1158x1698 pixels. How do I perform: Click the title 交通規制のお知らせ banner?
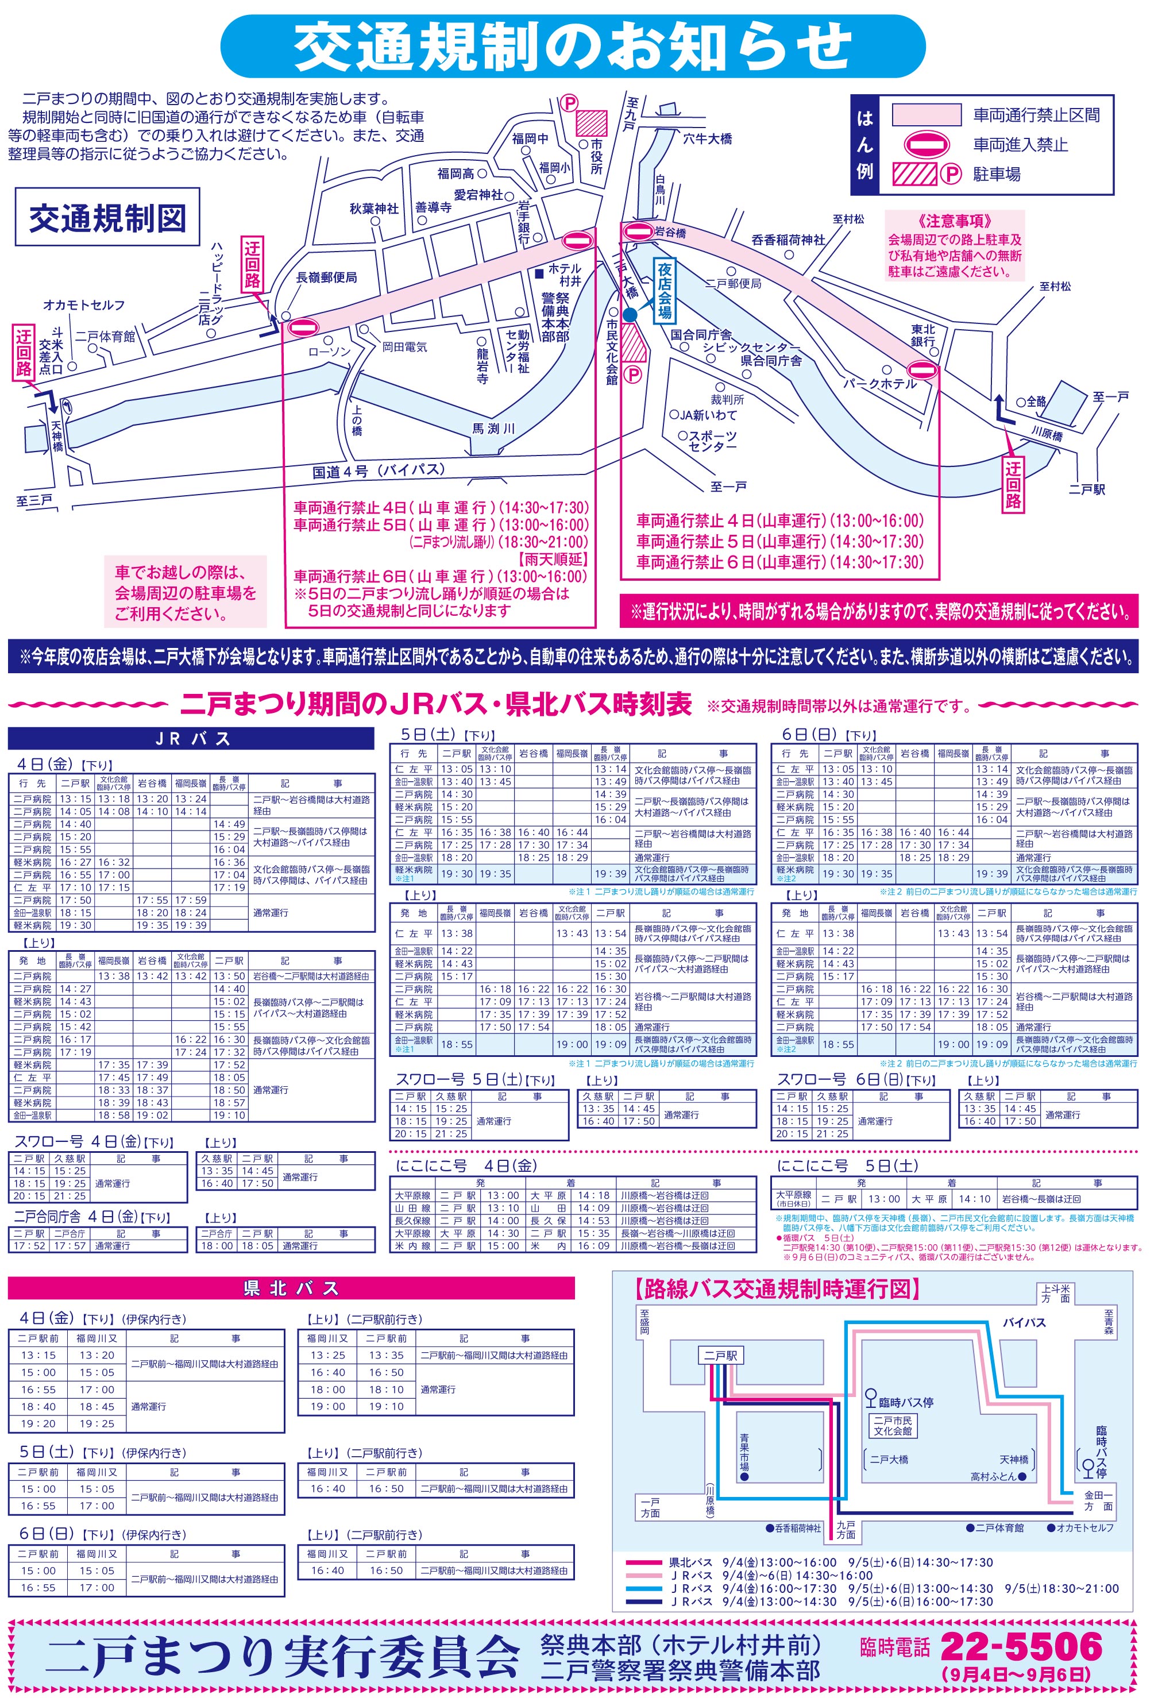pyautogui.click(x=573, y=46)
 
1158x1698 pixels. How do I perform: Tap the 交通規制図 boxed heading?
pyautogui.click(x=107, y=217)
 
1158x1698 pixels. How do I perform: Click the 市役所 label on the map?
pyautogui.click(x=596, y=156)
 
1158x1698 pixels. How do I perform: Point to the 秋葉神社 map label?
pyautogui.click(x=374, y=209)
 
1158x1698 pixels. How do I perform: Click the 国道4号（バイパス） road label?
pyautogui.click(x=379, y=471)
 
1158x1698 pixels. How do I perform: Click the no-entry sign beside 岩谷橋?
pyautogui.click(x=637, y=231)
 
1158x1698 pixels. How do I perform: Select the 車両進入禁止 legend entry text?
pyautogui.click(x=1020, y=145)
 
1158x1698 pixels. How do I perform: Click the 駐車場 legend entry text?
pyautogui.click(x=997, y=174)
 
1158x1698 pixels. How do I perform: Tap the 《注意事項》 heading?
pyautogui.click(x=955, y=221)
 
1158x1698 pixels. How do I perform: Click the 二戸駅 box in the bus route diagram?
pyautogui.click(x=720, y=1355)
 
